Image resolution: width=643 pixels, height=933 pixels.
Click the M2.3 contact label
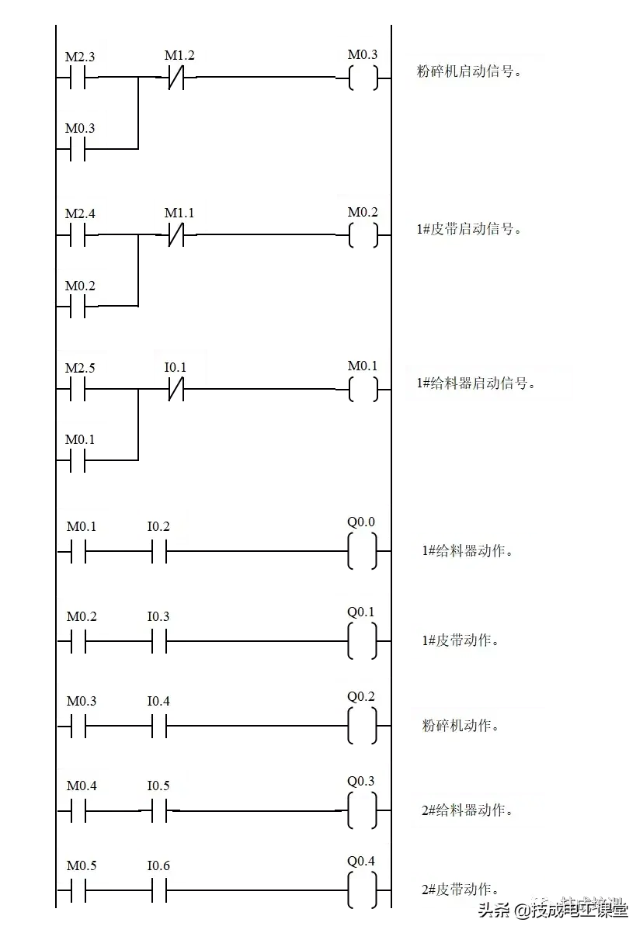(80, 57)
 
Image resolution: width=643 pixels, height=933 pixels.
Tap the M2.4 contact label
(80, 213)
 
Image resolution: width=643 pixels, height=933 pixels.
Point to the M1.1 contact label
(179, 213)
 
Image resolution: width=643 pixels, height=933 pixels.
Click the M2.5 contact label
(80, 368)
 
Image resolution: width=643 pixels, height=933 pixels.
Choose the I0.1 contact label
(176, 367)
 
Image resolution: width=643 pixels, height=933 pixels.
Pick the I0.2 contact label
(158, 526)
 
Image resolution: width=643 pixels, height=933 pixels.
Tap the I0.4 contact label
(158, 701)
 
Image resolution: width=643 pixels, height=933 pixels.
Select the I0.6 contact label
(158, 865)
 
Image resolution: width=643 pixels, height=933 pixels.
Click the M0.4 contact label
(82, 786)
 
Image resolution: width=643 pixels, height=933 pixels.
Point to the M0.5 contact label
(82, 865)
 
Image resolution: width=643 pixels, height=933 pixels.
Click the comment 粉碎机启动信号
(468, 72)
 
